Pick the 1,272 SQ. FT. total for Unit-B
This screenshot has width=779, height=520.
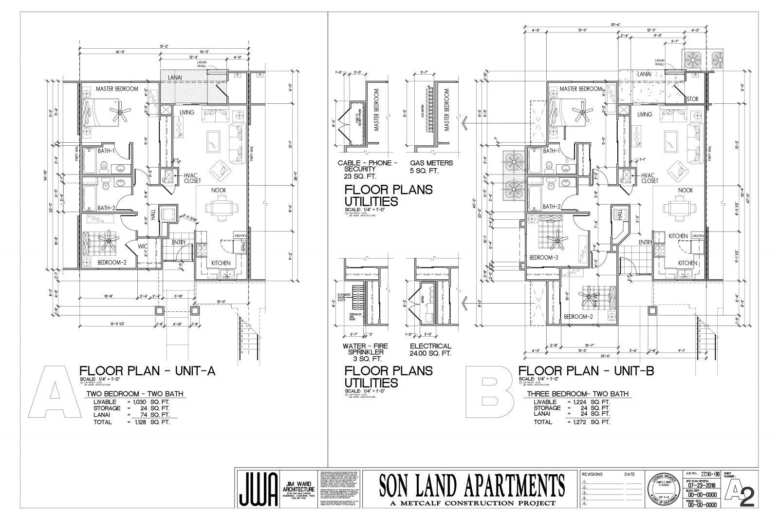click(x=589, y=422)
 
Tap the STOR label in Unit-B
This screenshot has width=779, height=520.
click(x=692, y=99)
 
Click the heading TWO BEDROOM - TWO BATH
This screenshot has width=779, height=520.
click(x=135, y=394)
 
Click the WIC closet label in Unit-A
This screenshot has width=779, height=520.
click(x=142, y=247)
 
